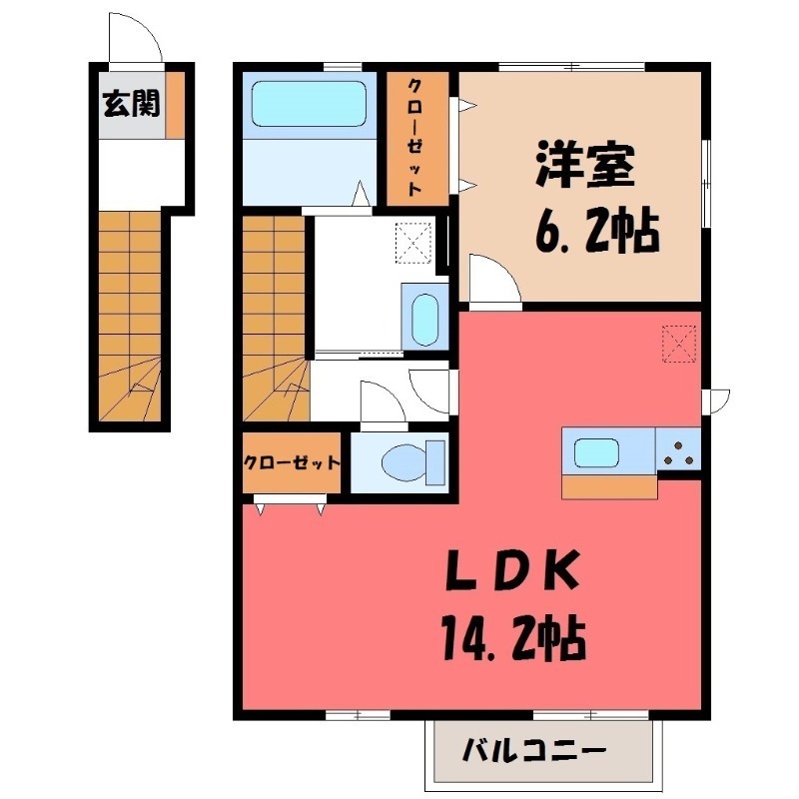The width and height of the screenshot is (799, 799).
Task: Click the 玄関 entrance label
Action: pos(129,102)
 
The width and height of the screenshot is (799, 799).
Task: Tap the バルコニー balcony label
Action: pos(533,749)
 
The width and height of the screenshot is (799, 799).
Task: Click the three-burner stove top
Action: pos(679,450)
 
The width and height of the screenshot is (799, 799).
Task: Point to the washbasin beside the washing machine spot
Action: pos(425,318)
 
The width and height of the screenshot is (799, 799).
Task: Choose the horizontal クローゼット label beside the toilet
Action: pos(293,463)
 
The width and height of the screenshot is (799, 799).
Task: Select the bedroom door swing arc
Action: pos(493,277)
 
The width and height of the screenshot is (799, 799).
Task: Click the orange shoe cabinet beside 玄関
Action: pos(176,102)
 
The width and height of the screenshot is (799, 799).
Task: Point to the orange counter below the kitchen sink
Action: pos(609,487)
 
